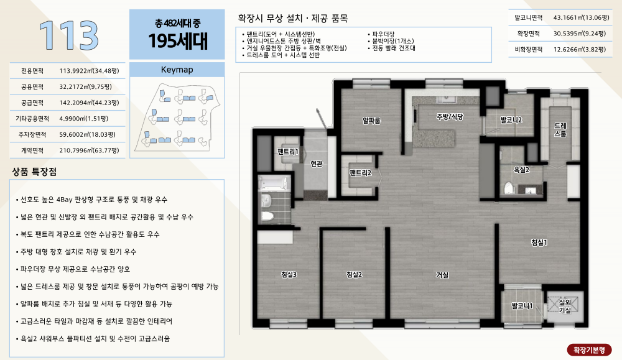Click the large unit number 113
coord(68,35)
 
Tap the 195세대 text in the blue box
coord(178,41)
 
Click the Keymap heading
coord(177,70)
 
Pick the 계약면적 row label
coord(32,150)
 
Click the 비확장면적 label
coord(528,50)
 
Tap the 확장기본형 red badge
coord(589,350)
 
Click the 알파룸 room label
coord(372,121)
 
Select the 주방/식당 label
coord(450,117)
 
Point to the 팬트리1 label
coord(287,152)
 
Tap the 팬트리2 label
coord(360,173)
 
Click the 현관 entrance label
coord(317,164)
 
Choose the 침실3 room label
coord(289,274)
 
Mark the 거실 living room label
coord(442,275)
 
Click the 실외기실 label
coord(565,306)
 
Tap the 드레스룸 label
coord(560,130)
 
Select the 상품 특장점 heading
coord(34,172)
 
